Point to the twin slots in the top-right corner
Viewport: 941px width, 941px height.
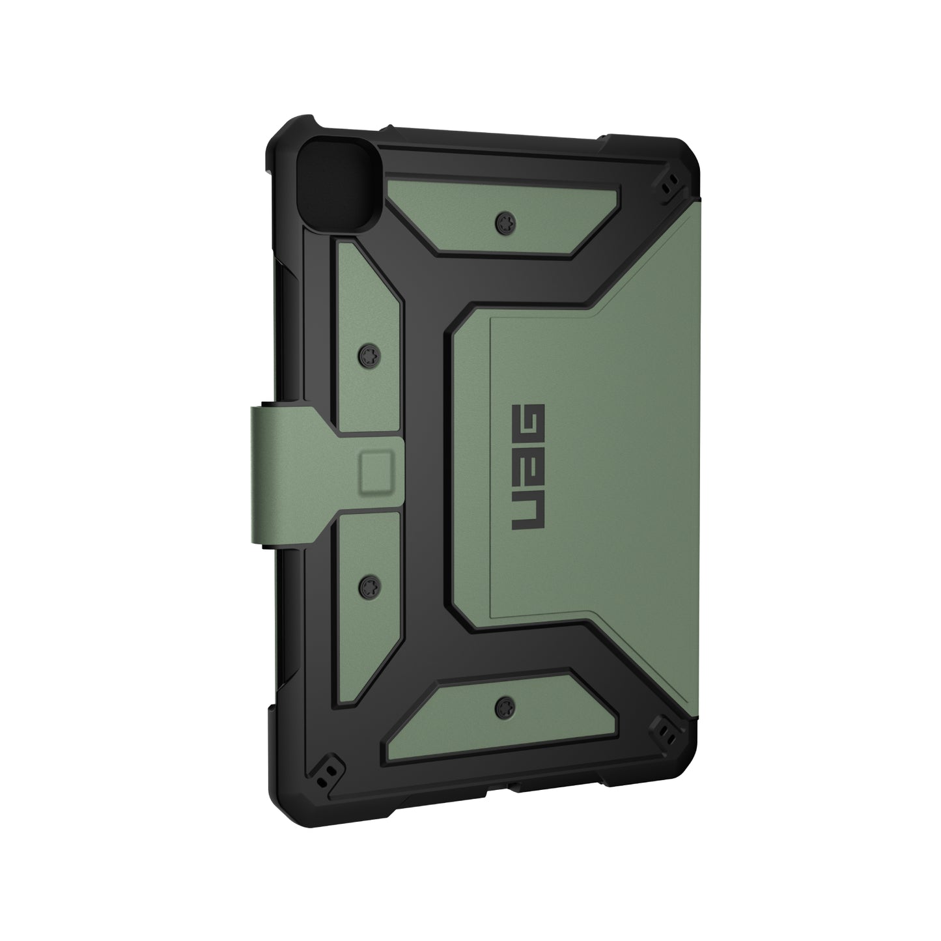(667, 189)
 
